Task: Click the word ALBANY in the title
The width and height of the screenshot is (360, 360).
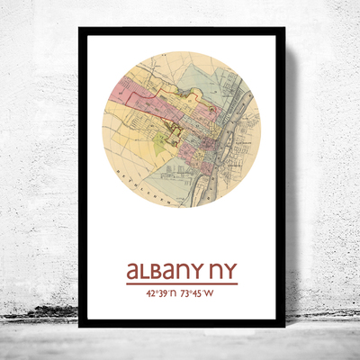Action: click(164, 271)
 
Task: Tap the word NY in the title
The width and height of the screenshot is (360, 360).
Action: click(222, 271)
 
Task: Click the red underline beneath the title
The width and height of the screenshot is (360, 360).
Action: click(181, 284)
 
